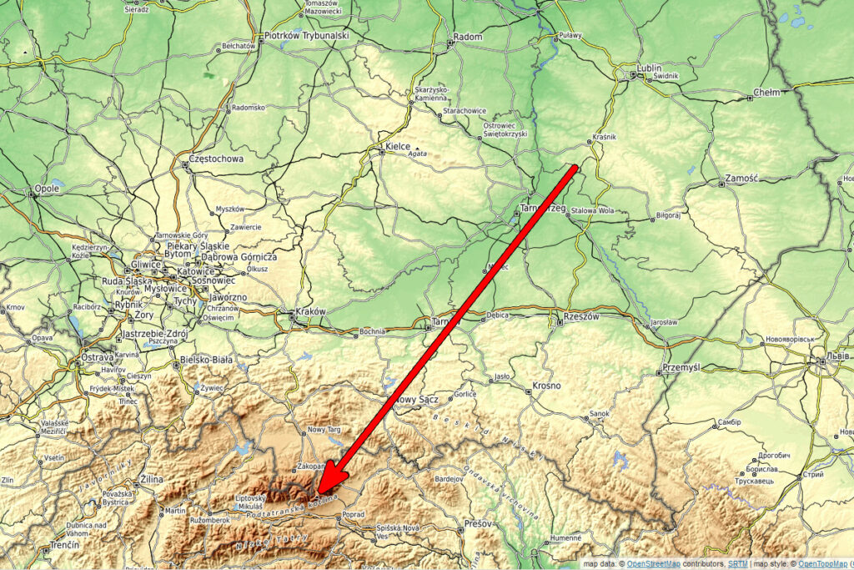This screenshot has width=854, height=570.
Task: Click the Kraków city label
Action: click(309, 312)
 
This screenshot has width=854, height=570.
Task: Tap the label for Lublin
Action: click(648, 68)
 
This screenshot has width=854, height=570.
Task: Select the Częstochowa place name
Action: click(216, 159)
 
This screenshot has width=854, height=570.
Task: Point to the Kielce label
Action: click(398, 147)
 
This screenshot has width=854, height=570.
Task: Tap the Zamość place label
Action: click(741, 179)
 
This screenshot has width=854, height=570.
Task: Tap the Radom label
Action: click(468, 38)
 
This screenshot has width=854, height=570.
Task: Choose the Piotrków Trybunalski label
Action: click(306, 37)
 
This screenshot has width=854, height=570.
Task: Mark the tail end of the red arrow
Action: click(575, 168)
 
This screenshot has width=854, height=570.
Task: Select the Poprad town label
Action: click(354, 515)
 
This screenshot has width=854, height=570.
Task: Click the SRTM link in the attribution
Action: click(736, 564)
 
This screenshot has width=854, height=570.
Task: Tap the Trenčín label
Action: click(63, 544)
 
